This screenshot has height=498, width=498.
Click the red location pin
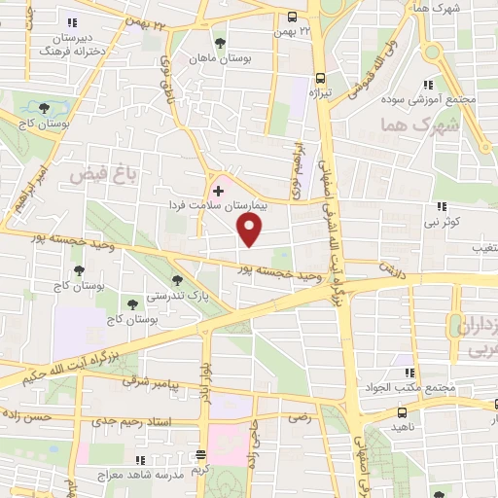(x=251, y=231)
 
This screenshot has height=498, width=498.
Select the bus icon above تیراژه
(x=320, y=77)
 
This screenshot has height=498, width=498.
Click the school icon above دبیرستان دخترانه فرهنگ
(x=71, y=22)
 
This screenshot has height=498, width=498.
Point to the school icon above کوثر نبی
(x=443, y=206)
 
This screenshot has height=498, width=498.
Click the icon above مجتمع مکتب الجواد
(x=409, y=373)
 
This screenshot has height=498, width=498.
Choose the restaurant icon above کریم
(x=201, y=454)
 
